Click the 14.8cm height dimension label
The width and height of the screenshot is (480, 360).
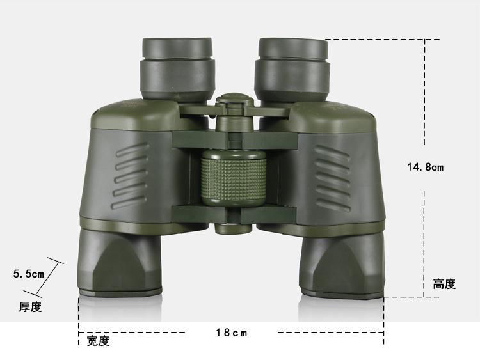click(x=425, y=167)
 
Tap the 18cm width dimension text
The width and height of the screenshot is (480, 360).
click(x=232, y=333)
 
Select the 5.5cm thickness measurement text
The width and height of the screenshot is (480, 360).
click(x=28, y=274)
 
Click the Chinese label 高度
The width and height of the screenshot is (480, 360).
click(x=444, y=284)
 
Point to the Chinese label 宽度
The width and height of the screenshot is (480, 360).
click(x=98, y=341)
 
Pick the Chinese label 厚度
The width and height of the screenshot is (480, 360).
click(x=30, y=307)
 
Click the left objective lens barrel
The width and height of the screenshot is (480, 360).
click(x=120, y=262)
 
